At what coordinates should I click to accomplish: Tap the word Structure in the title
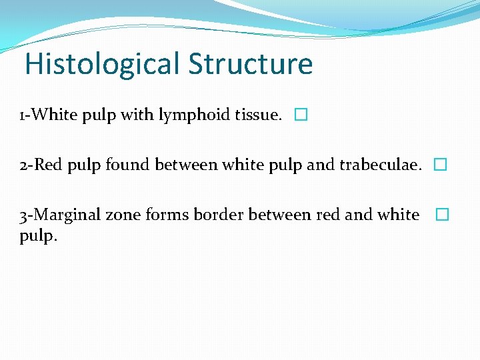point(250,65)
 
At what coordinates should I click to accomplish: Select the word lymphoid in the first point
point(185,115)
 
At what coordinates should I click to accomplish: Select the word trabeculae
point(381,165)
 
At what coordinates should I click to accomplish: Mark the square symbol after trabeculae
point(439,165)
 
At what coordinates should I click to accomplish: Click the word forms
point(161,215)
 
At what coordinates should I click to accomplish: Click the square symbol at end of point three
point(443,215)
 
